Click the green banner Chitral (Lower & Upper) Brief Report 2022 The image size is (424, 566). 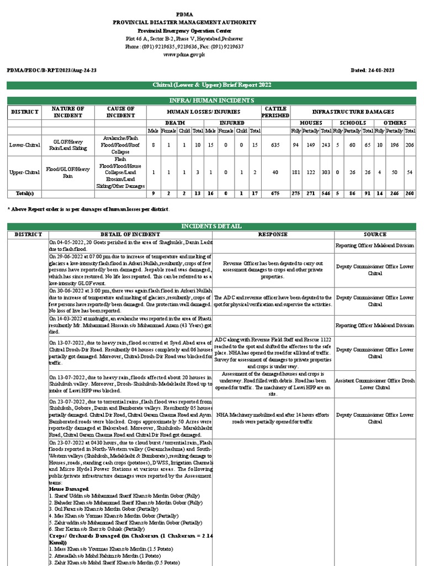tap(212, 85)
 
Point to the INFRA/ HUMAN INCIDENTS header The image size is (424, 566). tap(212, 100)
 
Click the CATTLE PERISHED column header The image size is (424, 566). tap(275, 112)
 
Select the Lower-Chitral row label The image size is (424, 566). tap(25, 144)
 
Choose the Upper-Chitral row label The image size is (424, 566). tap(25, 172)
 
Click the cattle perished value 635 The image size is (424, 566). tap(275, 144)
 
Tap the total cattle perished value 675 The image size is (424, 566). tap(275, 194)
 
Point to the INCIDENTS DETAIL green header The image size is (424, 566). tap(212, 227)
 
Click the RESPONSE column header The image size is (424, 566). tap(273, 234)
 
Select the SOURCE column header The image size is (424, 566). tap(375, 234)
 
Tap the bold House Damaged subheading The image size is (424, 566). tap(69, 489)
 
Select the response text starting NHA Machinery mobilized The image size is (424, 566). tap(273, 417)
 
